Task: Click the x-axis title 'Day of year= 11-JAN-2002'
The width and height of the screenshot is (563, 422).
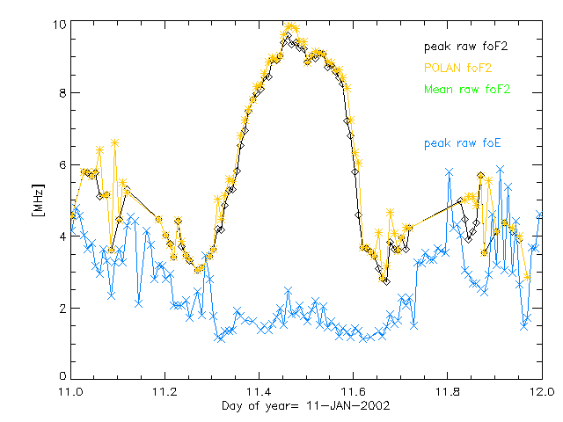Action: [305, 407]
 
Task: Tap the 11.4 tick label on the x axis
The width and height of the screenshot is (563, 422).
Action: [259, 392]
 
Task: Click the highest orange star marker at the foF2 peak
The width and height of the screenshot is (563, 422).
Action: [291, 27]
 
